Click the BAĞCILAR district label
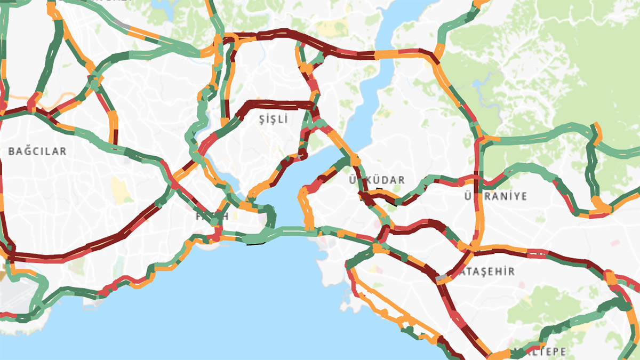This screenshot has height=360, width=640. [37, 151]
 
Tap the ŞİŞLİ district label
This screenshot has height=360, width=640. [273, 119]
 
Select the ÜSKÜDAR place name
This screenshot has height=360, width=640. [377, 180]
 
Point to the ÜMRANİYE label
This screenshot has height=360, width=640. [495, 196]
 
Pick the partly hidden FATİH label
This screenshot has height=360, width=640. [212, 216]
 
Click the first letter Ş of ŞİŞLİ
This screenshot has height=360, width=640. [261, 119]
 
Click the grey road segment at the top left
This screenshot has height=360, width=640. [123, 25]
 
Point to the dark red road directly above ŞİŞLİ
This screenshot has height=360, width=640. [280, 103]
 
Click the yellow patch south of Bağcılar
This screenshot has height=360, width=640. [118, 188]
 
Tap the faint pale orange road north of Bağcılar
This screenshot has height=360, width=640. [59, 99]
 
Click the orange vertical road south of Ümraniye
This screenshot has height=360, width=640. [478, 224]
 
